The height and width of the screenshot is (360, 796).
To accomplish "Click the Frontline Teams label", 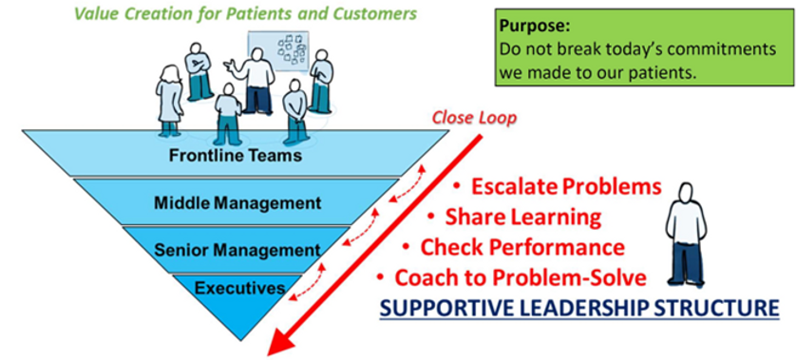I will point(236,156).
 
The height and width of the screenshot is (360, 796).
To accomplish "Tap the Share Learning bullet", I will point(523,217).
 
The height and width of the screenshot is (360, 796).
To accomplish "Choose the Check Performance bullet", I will point(522,248).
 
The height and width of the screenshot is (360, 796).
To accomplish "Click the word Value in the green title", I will point(96,13).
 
